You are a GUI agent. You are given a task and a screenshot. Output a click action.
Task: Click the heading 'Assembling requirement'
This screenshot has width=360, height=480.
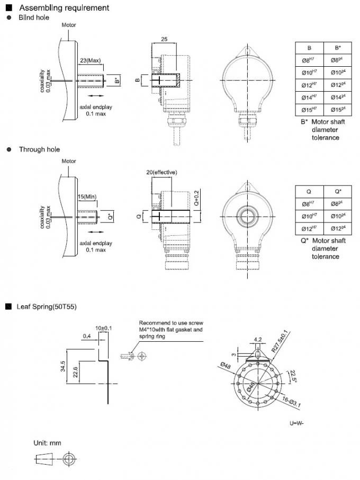(64, 8)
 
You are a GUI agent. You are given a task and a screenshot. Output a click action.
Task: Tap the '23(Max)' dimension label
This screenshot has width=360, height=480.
(90, 61)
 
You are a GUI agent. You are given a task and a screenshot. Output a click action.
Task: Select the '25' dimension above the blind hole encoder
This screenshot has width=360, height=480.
(164, 40)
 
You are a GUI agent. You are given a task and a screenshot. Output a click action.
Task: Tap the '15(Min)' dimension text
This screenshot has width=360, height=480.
(88, 197)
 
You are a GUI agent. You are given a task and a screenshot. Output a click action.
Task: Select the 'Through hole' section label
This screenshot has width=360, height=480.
(39, 149)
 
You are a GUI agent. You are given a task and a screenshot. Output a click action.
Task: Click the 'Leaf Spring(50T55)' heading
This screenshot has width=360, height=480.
(47, 306)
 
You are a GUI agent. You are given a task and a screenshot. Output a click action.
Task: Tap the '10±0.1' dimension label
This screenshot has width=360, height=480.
(104, 328)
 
